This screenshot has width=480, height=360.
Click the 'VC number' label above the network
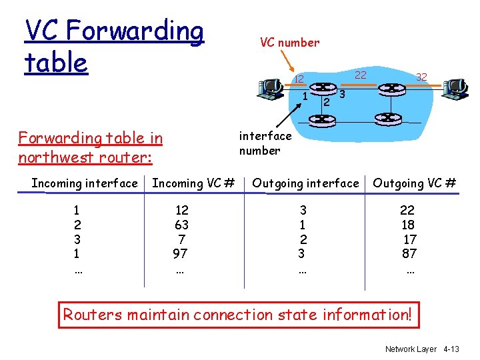pos(289,43)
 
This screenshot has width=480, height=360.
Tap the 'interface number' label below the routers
pos(265,143)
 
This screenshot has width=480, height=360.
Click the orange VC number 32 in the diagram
pos(421,77)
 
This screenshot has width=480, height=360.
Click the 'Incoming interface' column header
pos(85,183)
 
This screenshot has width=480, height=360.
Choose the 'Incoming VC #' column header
pos(193,183)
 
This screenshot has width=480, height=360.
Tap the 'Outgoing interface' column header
pos(305,183)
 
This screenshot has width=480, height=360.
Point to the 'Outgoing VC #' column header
pos(414,183)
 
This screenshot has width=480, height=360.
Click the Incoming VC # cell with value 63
pos(181,225)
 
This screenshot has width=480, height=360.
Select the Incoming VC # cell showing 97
pos(180,253)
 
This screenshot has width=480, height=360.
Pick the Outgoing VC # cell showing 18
pos(409,225)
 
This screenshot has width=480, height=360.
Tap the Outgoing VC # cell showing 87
pos(409,253)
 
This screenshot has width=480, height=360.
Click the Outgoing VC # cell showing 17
pos(410,239)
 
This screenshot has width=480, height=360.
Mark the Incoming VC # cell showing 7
pos(181,239)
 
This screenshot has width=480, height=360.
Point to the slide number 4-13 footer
pos(451,349)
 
